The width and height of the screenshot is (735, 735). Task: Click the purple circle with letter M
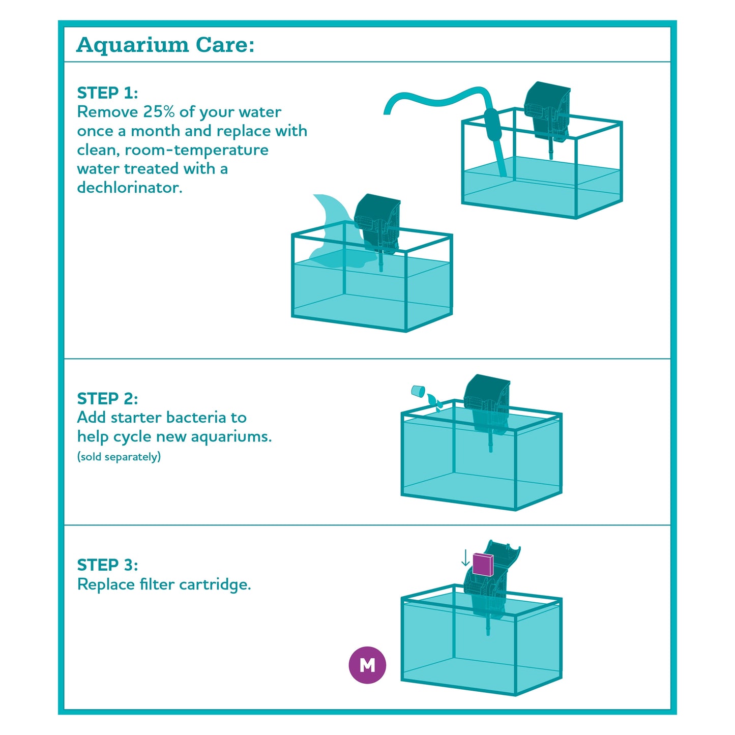pos(367,665)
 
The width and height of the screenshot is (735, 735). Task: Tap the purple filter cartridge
pos(483,564)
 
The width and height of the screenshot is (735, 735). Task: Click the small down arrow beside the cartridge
pos(465,557)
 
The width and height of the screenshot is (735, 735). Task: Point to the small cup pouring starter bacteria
pos(418,391)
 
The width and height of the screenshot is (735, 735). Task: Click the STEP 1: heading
pos(107,93)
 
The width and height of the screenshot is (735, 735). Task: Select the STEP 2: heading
pos(107,399)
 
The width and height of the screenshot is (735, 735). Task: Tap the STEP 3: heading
pos(107,565)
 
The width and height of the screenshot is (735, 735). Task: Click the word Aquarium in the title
pos(132,45)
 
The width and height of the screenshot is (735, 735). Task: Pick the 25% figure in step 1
pos(159,112)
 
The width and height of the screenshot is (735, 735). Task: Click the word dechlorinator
pos(130,187)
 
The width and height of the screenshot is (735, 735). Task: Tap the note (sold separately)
pos(119,457)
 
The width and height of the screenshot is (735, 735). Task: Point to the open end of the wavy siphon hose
pos(388,111)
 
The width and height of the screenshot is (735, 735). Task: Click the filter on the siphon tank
pos(547,114)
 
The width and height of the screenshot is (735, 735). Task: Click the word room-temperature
pos(196,150)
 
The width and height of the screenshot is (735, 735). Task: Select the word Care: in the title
pos(225,45)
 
